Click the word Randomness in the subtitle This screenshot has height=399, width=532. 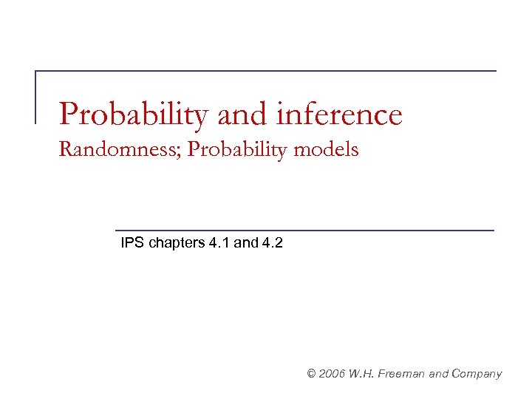tap(120, 150)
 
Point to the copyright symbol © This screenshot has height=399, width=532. tap(311, 374)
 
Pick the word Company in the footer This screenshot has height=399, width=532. tap(478, 374)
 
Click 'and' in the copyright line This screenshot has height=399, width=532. tap(440, 374)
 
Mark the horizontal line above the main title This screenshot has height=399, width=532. tap(266, 71)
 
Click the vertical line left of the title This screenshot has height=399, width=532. tap(36, 96)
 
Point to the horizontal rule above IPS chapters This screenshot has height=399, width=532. tap(304, 231)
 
